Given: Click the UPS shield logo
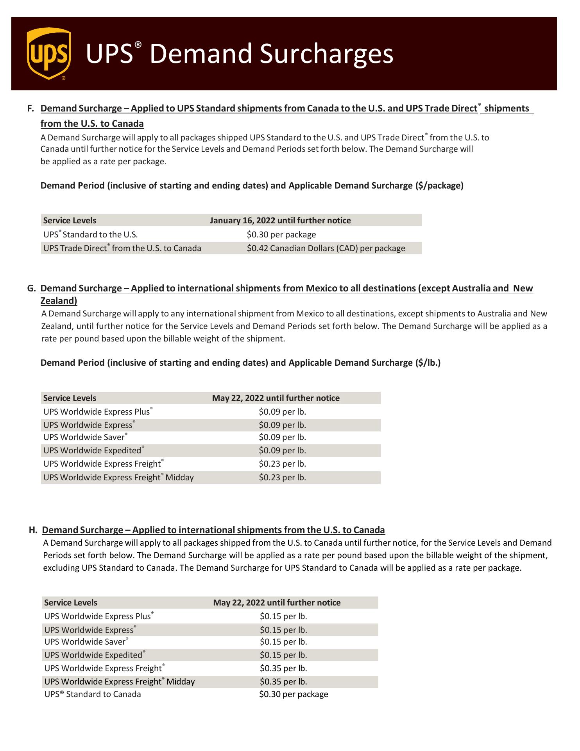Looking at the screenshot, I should [49, 54].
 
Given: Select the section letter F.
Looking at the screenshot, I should [30, 108].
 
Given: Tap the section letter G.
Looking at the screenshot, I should [31, 288].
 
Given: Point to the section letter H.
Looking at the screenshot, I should [33, 530].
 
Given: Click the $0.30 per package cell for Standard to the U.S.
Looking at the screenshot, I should [281, 235].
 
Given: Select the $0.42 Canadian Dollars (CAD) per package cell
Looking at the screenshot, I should [326, 248].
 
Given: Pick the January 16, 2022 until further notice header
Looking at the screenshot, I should [280, 221].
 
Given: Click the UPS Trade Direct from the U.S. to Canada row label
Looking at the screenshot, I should [122, 248].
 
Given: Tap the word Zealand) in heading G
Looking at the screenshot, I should [59, 301].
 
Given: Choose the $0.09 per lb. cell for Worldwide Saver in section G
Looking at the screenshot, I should [282, 437].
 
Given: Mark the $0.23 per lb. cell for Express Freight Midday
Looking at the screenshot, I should [282, 478].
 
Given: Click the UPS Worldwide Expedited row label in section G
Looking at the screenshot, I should [92, 451].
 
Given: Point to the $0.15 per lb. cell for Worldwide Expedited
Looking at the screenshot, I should [283, 655].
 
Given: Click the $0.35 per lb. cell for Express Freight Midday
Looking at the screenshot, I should [283, 682].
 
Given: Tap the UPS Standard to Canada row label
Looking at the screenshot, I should [93, 694].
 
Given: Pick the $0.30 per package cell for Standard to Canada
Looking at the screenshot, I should [294, 694].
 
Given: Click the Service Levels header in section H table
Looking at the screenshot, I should [71, 603].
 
